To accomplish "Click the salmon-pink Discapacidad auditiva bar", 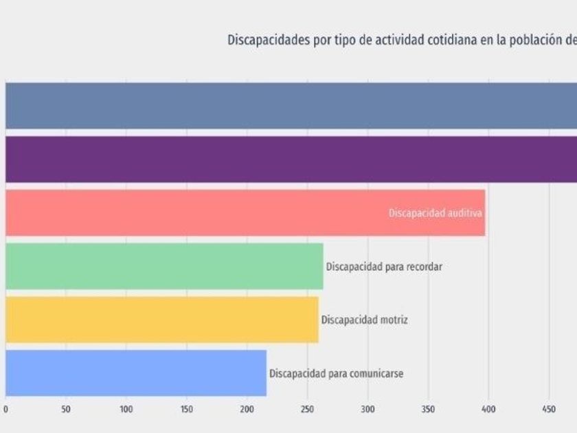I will (x=192, y=213).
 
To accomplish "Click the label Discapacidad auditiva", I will (x=435, y=213).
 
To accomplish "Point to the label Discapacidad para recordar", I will (x=384, y=267).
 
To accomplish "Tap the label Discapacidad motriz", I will (x=364, y=320).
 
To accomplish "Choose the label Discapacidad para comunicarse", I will (x=336, y=374).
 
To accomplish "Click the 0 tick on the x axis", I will (x=5, y=410).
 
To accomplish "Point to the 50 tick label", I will (x=66, y=410).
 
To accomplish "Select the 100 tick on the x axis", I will (x=126, y=410).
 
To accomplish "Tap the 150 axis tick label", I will (x=187, y=410).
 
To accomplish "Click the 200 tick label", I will (x=247, y=410).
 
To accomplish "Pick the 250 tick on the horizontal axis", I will (x=308, y=410).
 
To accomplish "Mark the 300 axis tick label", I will (x=368, y=410).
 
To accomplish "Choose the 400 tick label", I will (x=488, y=410).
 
